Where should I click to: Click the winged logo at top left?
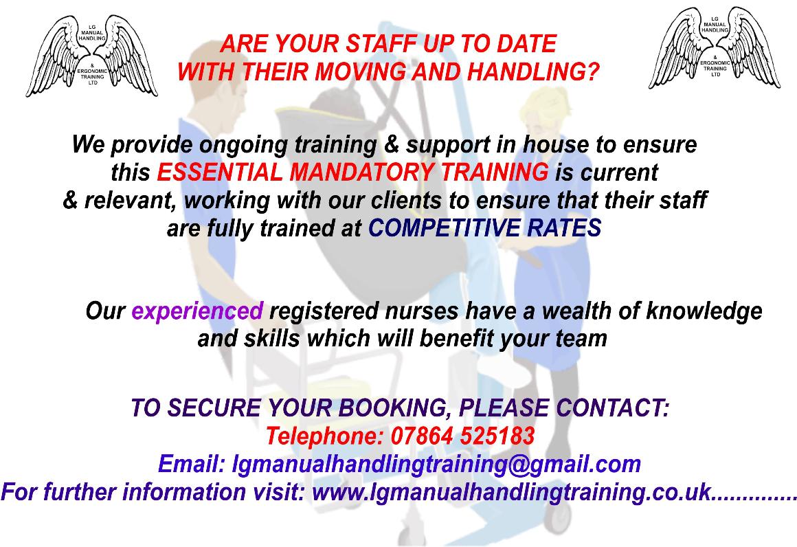92,56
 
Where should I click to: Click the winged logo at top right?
715,47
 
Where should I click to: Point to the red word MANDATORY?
361,172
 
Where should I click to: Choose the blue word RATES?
564,227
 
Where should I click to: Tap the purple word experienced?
197,311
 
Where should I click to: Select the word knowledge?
704,311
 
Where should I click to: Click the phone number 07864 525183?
462,436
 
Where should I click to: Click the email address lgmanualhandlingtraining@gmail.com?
436,464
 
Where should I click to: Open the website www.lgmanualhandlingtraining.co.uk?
512,492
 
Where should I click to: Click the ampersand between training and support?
392,144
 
